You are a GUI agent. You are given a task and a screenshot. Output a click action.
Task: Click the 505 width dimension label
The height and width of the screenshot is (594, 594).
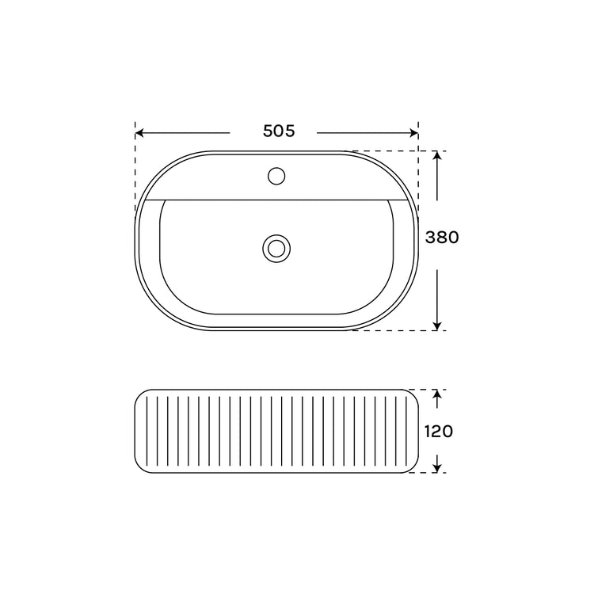(279, 131)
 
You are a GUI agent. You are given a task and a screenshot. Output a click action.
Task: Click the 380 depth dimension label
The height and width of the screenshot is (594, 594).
(442, 238)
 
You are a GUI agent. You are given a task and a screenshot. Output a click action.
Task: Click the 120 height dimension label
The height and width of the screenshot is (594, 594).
(438, 432)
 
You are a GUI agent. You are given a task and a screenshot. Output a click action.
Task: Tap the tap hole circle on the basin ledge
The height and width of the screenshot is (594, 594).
(276, 176)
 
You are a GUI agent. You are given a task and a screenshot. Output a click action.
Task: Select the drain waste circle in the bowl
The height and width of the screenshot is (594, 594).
(276, 249)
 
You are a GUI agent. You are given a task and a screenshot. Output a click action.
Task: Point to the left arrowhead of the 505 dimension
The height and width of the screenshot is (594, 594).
(139, 133)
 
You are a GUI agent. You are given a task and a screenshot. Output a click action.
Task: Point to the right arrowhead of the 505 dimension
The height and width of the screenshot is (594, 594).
(414, 133)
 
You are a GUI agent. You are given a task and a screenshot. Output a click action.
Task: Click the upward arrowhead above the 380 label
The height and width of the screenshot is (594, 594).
(437, 155)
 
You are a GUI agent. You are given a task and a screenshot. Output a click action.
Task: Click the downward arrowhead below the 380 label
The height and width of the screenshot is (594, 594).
(437, 326)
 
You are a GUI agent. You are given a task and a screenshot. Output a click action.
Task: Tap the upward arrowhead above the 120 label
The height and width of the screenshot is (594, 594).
(437, 394)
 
